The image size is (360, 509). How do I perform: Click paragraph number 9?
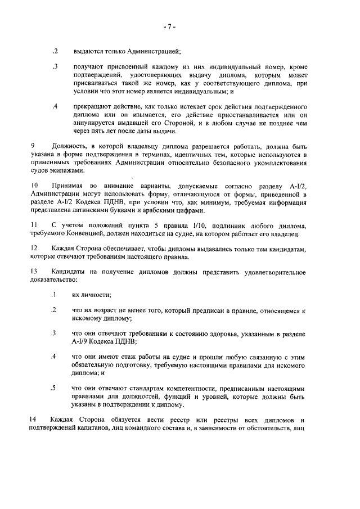[x=33, y=146]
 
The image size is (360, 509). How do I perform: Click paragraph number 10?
[x=34, y=185]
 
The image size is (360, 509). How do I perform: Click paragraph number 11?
[x=34, y=225]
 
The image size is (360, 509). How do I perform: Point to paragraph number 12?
[x=34, y=248]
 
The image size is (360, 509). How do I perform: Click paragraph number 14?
[x=34, y=419]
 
